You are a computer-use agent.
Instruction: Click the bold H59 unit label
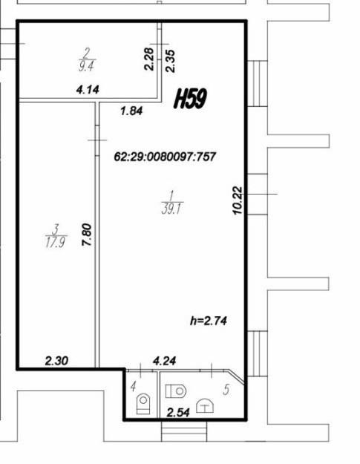[x=190, y=98]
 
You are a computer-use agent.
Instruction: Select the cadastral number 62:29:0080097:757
[x=165, y=157]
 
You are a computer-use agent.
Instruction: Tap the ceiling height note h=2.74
[x=209, y=321]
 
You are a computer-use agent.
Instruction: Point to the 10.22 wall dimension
[x=238, y=200]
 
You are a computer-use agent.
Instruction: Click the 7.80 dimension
[x=87, y=235]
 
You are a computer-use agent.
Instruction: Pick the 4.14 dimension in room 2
[x=88, y=90]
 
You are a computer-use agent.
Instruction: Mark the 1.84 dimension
[x=131, y=111]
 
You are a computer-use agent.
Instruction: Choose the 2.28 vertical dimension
[x=149, y=59]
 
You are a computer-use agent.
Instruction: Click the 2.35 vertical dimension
[x=170, y=62]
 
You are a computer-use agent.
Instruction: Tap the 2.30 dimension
[x=56, y=361]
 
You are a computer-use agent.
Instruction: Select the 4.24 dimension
[x=165, y=361]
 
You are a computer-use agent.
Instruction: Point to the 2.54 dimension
[x=178, y=412]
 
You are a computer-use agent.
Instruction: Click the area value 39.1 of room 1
[x=172, y=209]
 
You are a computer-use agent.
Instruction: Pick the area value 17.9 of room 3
[x=56, y=243]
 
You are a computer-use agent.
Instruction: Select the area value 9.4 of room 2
[x=86, y=66]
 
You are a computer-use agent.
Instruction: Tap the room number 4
[x=133, y=386]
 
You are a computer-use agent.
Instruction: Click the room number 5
[x=226, y=390]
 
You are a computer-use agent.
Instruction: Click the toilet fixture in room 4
[x=143, y=403]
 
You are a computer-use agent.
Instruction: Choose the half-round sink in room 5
[x=206, y=405]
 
